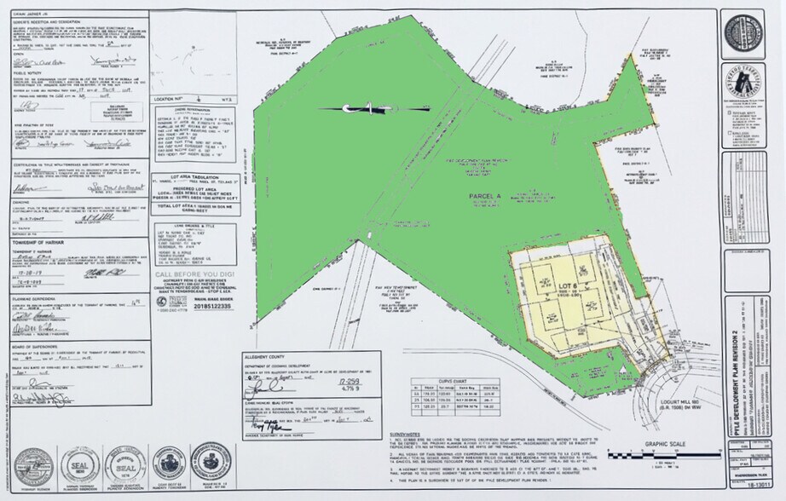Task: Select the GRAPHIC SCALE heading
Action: click(666, 444)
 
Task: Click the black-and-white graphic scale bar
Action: click(666, 455)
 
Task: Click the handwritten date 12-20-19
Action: click(25, 275)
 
